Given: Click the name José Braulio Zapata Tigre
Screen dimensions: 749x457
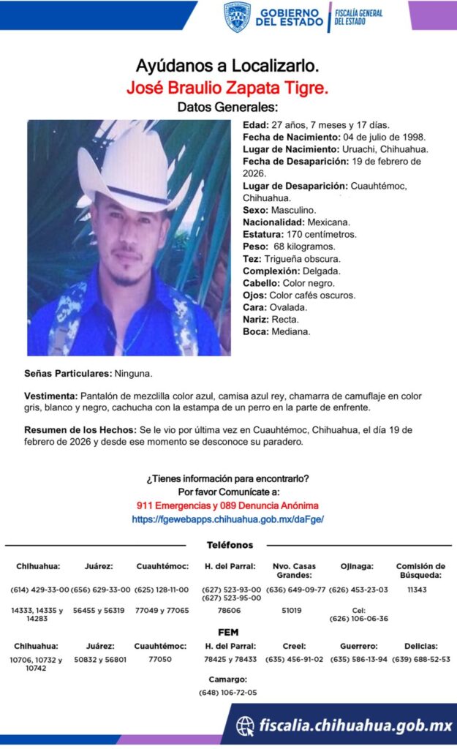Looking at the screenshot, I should coord(227,89).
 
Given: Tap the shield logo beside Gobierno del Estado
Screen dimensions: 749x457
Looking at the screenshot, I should coord(237,17).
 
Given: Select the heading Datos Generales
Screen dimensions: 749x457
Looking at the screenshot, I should coord(228,108).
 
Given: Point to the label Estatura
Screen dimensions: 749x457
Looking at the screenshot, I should coord(263,234).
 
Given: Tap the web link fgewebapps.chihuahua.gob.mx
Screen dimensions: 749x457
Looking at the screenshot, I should coord(227,519).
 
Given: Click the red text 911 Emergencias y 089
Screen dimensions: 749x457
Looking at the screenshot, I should coord(227,505).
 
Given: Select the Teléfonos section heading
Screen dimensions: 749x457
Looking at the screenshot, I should coord(230,545).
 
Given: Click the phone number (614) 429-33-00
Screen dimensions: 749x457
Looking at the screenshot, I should coord(39,590).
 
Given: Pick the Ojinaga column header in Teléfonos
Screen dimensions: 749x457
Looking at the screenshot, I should coord(357,566).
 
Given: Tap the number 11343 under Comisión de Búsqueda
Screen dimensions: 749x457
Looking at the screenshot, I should coord(417,590).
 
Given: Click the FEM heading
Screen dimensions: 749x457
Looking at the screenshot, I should coord(228,632).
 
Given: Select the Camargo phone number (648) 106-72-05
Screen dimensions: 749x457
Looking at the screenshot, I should coord(227,692).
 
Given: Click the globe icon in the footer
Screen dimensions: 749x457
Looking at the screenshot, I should coord(245,726).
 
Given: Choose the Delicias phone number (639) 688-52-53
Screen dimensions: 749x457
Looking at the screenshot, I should coord(420,659).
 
